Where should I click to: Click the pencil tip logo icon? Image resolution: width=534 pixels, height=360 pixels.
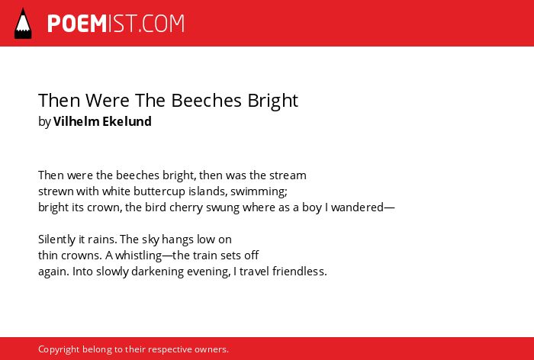(23, 24)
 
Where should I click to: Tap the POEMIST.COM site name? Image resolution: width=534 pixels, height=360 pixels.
(116, 24)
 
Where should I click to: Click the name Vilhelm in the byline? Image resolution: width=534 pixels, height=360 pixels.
(76, 121)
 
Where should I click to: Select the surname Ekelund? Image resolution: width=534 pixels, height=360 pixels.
(127, 121)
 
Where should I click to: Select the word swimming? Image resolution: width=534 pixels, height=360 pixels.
(259, 191)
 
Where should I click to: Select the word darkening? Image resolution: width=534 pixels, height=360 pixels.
(158, 272)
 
